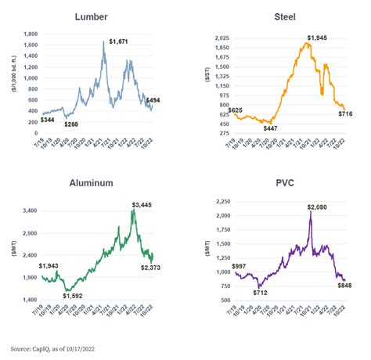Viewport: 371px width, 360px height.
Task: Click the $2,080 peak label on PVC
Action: (x=317, y=207)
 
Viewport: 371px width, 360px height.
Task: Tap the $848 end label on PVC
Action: (x=344, y=286)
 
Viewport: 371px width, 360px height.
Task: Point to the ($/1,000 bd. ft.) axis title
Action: (x=13, y=78)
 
